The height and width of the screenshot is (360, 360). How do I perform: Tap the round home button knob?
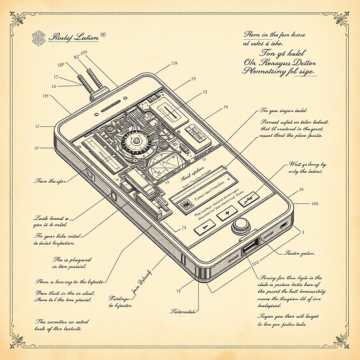point(240,225)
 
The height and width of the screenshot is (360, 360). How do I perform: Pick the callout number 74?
point(225,107)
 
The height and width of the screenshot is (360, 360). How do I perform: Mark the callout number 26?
point(301,189)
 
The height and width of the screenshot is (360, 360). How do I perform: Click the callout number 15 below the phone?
point(178,291)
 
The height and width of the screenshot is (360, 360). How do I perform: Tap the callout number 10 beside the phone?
point(37,126)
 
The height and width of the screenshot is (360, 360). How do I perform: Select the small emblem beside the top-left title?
point(39,38)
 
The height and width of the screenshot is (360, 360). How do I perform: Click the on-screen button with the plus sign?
point(227,212)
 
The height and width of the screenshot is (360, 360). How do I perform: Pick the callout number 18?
point(205,92)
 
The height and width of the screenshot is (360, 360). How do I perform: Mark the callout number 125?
point(45,95)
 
